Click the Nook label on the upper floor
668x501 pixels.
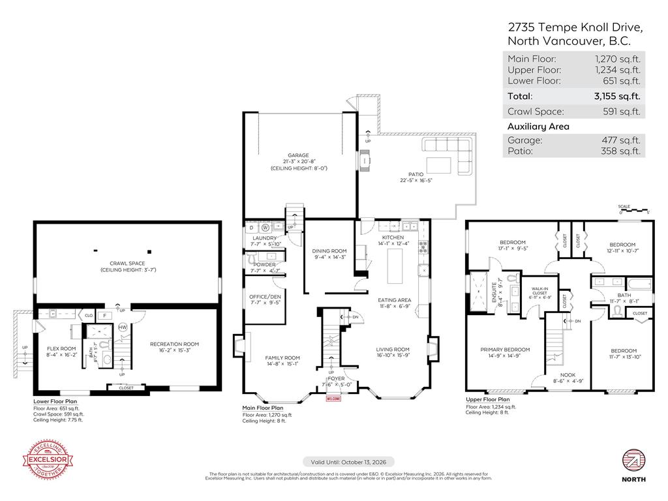pos(568,374)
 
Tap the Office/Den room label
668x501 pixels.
pos(264,296)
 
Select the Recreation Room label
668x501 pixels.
pos(174,344)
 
